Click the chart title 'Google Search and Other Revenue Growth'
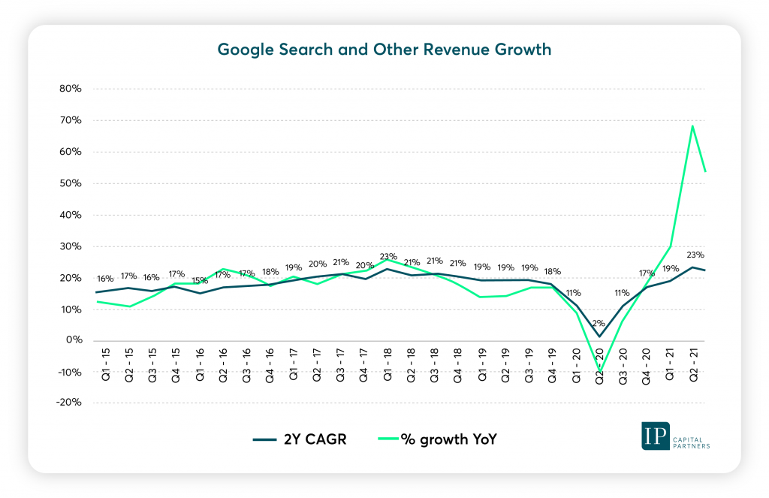coord(384,50)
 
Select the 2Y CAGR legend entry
coord(300,439)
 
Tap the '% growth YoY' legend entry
coord(440,439)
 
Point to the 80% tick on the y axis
coord(71,89)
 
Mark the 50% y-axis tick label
coord(71,183)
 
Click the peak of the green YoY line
coord(692,125)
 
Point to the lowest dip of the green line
coord(599,370)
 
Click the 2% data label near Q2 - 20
coord(599,323)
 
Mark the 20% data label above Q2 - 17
coord(317,264)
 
